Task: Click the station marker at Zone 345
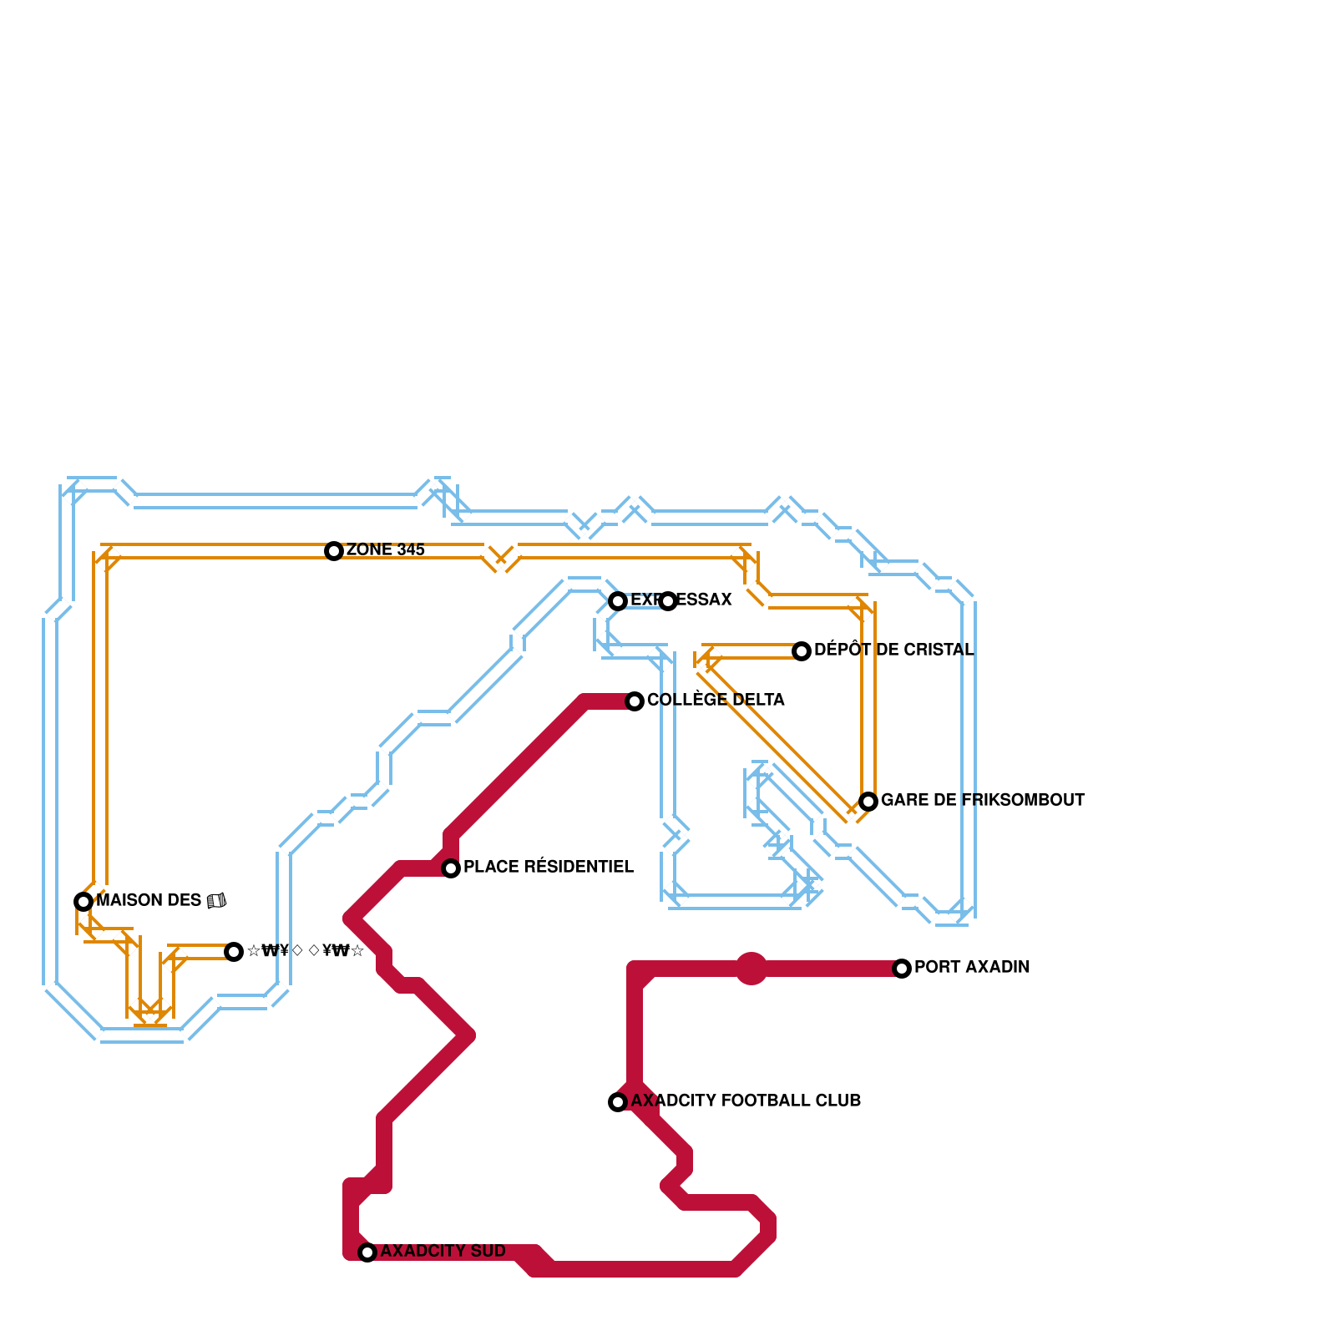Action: [334, 551]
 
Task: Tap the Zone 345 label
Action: [385, 550]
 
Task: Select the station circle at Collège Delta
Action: [635, 701]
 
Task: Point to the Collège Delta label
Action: [716, 701]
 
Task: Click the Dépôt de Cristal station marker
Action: [802, 651]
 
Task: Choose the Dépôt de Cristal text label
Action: [893, 650]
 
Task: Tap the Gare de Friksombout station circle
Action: [868, 802]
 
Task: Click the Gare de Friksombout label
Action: [982, 801]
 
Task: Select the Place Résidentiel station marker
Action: [451, 868]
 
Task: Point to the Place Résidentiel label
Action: [548, 868]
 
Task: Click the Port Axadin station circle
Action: [902, 969]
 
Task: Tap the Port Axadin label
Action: [972, 968]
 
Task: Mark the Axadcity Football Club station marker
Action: [618, 1102]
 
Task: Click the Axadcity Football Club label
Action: [746, 1101]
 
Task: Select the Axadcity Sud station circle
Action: [367, 1252]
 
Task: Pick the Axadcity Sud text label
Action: [443, 1252]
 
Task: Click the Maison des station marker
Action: [83, 902]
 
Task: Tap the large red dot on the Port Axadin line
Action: [751, 969]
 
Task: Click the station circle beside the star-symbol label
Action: [234, 952]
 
